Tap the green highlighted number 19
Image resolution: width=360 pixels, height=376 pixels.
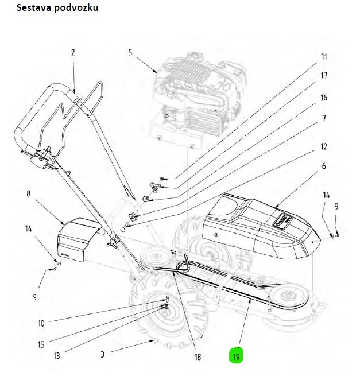click(237, 356)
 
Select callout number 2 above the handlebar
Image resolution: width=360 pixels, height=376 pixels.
click(73, 52)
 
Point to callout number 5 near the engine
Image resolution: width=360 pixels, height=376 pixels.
click(130, 52)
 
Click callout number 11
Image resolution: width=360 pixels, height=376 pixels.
click(324, 57)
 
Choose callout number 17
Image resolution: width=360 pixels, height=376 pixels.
click(324, 76)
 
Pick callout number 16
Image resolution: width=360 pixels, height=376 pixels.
click(324, 98)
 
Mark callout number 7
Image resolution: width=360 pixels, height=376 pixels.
click(324, 118)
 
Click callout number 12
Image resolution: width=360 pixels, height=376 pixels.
click(324, 145)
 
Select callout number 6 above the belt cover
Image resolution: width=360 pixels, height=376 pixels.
click(324, 166)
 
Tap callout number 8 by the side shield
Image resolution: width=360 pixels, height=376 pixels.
click(28, 194)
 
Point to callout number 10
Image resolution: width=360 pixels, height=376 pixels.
click(41, 323)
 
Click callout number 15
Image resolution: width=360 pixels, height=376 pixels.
click(41, 344)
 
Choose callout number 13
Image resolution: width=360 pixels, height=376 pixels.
click(57, 356)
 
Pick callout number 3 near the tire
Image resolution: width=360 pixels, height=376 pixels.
click(103, 356)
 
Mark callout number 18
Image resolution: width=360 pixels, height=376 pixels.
click(198, 357)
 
